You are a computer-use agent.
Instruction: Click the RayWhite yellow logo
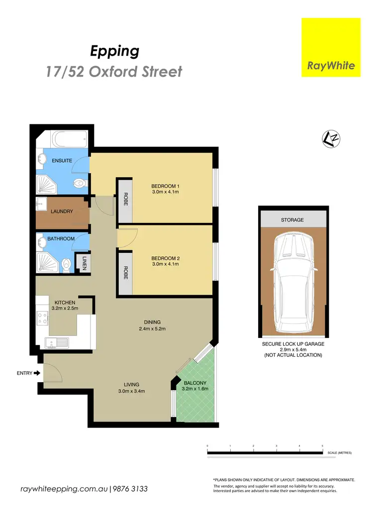[331, 47]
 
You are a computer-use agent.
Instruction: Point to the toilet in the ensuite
[79, 183]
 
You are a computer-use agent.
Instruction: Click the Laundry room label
[62, 211]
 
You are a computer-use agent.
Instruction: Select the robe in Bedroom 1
[125, 200]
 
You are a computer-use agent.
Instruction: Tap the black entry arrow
[37, 373]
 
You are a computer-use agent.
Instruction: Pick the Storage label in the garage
[292, 219]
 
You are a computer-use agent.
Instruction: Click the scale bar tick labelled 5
[322, 446]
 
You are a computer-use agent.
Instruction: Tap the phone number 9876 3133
[131, 489]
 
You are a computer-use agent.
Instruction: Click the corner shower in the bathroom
[47, 260]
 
